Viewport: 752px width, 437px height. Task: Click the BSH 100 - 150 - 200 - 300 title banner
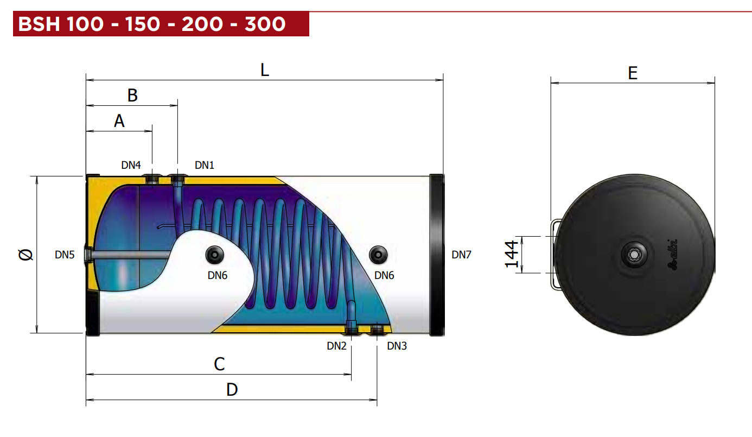click(161, 23)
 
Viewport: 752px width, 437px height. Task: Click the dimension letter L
click(265, 70)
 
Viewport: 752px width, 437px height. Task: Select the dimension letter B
click(132, 96)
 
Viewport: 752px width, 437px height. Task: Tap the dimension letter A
click(119, 121)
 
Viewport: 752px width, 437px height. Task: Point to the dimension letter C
click(219, 364)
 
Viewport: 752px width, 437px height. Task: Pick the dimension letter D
click(232, 390)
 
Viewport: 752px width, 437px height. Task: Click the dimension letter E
click(633, 73)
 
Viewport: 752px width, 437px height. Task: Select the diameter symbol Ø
click(26, 255)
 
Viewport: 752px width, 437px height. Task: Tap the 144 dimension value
click(512, 254)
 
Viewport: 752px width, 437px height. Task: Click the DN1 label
click(205, 165)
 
